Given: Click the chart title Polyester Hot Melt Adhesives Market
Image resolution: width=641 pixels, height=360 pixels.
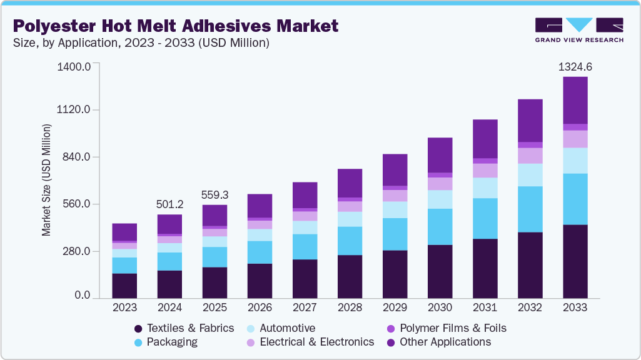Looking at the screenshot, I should click(176, 26).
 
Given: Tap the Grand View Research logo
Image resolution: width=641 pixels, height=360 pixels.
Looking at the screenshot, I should click(578, 30).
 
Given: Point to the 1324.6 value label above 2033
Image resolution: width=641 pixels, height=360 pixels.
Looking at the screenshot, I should click(575, 66).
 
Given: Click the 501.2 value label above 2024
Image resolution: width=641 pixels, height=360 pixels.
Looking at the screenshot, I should click(169, 204).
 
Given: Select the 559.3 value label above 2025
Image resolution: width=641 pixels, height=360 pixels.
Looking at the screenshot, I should click(215, 194).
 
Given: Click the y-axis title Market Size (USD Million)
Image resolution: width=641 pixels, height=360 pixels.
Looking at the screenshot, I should click(46, 180).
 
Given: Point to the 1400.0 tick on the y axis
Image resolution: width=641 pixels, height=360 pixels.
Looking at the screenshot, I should click(74, 66).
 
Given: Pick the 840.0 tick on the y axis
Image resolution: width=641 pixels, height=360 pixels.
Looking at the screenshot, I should click(76, 157).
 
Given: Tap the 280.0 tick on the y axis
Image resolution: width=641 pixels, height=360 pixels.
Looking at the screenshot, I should click(76, 251).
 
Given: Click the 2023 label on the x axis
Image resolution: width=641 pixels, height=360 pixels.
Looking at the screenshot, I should click(124, 307).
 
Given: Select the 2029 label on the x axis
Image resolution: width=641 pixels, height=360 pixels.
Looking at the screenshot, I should click(395, 307).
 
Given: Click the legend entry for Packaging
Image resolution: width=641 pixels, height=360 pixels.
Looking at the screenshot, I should click(166, 342).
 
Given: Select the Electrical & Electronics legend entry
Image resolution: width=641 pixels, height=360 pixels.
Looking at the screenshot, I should click(310, 342).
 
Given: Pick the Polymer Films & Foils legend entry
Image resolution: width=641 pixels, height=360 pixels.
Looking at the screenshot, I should click(446, 328).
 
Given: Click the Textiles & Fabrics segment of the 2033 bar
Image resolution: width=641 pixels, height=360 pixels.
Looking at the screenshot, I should click(575, 261).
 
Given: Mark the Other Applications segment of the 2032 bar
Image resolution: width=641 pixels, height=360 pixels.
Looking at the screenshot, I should click(530, 120).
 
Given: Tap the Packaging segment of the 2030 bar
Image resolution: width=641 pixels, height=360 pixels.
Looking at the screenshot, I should click(440, 226).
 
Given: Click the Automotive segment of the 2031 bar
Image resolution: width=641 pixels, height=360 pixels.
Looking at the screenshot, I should click(485, 187).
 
